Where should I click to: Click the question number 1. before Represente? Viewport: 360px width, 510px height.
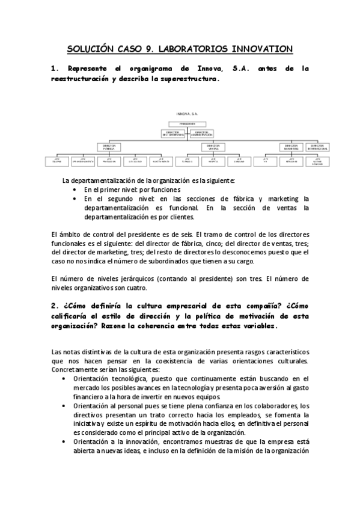point(54,69)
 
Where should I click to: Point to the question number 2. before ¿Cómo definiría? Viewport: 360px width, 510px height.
point(54,305)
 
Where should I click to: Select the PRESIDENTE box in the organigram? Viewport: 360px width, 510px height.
point(187,124)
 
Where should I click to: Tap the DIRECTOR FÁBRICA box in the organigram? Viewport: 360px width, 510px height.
point(109,146)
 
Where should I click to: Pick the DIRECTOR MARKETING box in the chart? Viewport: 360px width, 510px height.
point(291,146)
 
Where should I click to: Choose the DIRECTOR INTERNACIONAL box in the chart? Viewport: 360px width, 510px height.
point(318,146)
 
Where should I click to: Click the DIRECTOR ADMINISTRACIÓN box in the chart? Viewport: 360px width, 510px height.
point(202,134)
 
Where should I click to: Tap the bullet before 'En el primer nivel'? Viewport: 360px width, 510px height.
point(74,189)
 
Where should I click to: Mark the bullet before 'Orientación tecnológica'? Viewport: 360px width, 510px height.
point(65,379)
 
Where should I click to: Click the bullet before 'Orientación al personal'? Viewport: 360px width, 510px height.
point(65,407)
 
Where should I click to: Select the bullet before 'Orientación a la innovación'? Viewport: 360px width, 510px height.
point(65,442)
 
